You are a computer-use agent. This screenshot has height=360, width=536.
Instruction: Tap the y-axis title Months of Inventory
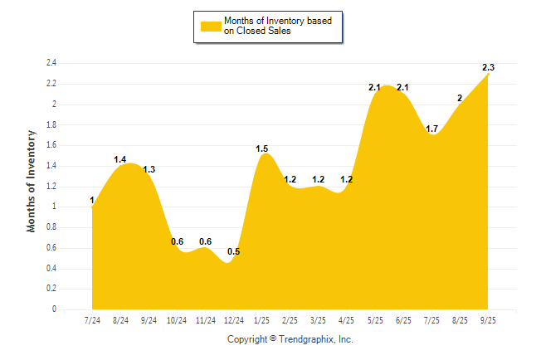32,180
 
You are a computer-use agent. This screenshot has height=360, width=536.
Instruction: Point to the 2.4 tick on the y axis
51,63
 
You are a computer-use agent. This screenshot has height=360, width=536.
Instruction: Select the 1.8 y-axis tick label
51,125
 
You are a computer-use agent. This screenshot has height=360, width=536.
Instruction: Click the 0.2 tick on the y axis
51,289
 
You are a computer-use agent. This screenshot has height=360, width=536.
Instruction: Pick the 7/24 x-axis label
93,320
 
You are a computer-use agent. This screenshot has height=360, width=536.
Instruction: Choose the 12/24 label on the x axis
234,320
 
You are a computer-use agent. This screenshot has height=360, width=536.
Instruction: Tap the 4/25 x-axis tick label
347,320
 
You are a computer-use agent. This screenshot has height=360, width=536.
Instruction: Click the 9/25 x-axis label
488,320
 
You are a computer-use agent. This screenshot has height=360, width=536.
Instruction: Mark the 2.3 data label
489,67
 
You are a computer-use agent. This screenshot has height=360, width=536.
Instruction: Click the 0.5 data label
233,251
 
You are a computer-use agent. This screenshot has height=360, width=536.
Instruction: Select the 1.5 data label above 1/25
262,149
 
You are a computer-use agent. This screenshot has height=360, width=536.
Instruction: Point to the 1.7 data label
431,129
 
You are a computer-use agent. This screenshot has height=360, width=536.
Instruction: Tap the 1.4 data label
120,159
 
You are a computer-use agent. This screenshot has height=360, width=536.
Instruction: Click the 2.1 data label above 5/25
374,88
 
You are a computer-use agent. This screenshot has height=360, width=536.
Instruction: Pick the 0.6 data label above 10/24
177,241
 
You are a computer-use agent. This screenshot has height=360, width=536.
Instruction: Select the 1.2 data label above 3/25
319,179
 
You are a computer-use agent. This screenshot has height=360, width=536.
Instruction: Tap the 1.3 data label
149,169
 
